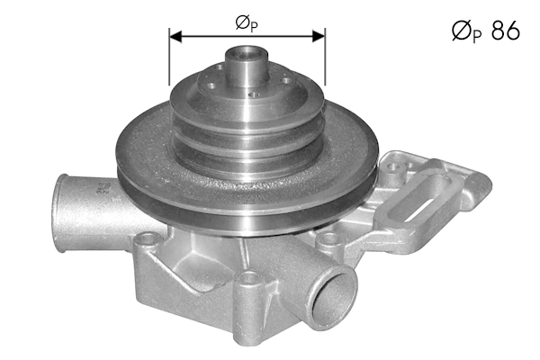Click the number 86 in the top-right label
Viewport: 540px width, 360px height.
pos(505,31)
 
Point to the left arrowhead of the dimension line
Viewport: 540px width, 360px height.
pos(175,37)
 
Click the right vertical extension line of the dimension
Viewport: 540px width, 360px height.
pos(323,63)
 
